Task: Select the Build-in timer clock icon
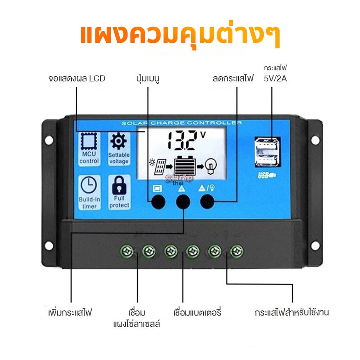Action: click(89, 185)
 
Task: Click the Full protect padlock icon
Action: click(119, 185)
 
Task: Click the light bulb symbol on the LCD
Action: click(210, 166)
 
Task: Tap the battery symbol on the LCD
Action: click(185, 165)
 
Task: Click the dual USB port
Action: click(267, 152)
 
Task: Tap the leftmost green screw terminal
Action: click(127, 251)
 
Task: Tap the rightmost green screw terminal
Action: click(237, 251)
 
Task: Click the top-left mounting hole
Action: click(49, 140)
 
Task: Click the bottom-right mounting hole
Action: click(315, 245)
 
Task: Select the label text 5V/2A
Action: click(275, 78)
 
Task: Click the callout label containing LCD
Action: click(77, 78)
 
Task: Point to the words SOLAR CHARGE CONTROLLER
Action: click(182, 123)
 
